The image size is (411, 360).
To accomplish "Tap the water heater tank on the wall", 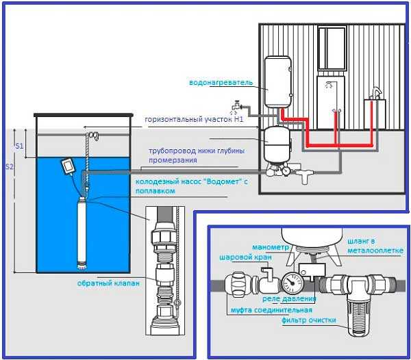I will coord(279,81).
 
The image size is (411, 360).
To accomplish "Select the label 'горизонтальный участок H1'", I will coord(194,119).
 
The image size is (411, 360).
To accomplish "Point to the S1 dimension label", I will coord(19,146).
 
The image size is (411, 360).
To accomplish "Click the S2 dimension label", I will coord(8,166).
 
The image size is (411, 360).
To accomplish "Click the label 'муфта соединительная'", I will coord(265,309).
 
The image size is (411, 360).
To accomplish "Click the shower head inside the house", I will coord(330,84).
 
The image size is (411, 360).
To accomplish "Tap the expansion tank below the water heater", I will coord(278,143).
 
